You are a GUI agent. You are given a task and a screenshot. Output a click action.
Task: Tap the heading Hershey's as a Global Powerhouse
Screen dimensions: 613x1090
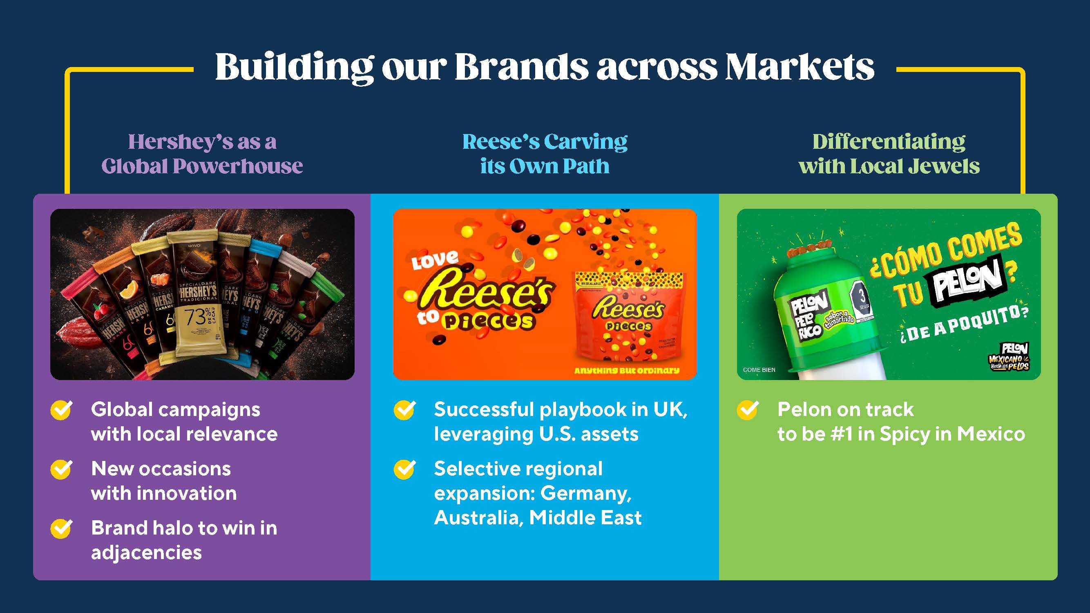[202, 153]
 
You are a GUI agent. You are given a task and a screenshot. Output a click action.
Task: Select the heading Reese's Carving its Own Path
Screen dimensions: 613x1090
[545, 153]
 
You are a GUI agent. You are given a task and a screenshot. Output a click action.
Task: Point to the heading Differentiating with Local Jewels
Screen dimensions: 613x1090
[889, 153]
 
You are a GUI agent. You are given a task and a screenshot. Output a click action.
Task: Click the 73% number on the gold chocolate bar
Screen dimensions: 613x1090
[195, 317]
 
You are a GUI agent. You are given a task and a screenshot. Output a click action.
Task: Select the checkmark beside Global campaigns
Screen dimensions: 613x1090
[61, 409]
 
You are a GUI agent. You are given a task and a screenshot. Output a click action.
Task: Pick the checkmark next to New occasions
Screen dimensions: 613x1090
[61, 469]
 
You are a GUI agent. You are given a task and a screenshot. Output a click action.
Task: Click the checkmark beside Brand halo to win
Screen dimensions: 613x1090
[61, 528]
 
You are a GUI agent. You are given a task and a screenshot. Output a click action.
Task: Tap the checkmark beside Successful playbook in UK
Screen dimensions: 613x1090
[404, 409]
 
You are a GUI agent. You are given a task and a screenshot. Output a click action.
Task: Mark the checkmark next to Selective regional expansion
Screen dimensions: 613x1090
[404, 469]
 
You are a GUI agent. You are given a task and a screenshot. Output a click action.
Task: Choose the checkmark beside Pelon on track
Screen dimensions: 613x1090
[748, 409]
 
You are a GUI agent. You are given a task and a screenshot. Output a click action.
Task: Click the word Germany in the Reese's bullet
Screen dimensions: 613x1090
[585, 493]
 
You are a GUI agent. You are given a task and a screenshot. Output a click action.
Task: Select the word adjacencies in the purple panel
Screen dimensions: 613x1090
[146, 553]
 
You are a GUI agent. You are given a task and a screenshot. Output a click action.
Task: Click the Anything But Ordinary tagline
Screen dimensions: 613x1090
[627, 370]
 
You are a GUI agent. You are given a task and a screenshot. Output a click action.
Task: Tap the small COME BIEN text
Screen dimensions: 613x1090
[759, 369]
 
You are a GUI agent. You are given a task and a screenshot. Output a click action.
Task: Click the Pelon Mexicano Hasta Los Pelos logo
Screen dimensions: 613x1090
[1010, 356]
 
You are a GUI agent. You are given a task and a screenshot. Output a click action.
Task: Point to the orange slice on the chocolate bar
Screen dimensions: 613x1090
[126, 292]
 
